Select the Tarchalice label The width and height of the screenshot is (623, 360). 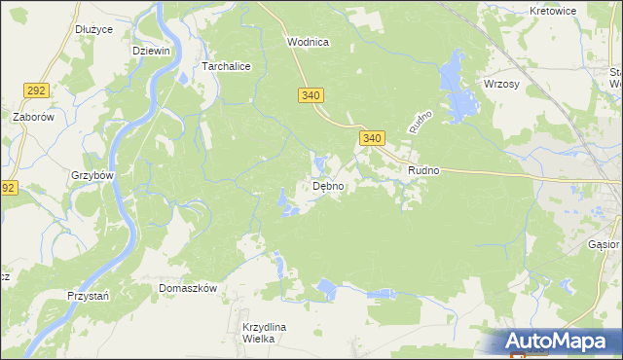tap(226, 66)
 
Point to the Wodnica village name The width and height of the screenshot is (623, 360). tap(308, 42)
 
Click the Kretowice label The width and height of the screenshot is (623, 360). tap(553, 11)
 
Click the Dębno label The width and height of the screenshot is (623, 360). tap(327, 186)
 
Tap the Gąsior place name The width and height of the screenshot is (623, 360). tap(604, 245)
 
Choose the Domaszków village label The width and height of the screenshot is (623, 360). tap(187, 289)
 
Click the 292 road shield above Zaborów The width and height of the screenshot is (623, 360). tap(37, 90)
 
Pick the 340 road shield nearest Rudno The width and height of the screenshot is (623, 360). tap(371, 139)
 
